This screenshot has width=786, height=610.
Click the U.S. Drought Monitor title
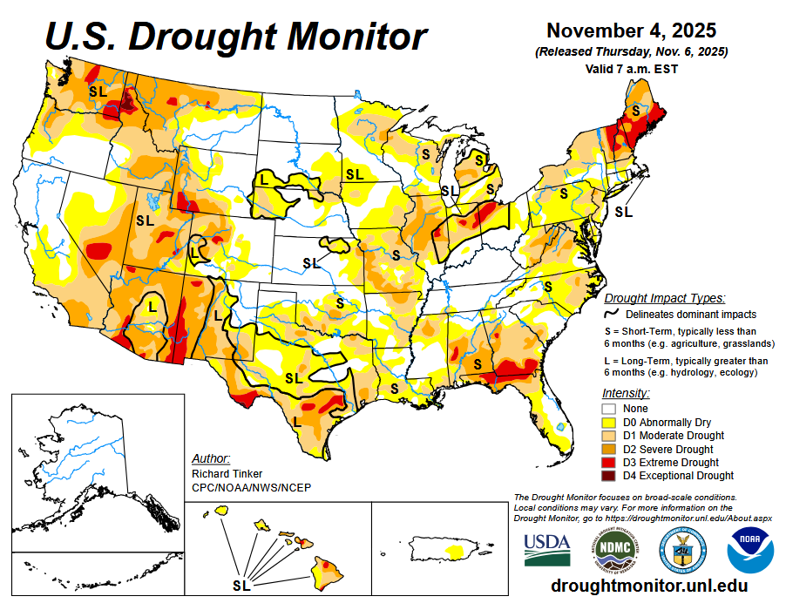235,37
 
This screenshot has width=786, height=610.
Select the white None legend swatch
610,408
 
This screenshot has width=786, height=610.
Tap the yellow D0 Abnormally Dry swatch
610,422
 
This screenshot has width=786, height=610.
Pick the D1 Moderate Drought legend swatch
610,435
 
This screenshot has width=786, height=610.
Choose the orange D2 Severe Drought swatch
610,449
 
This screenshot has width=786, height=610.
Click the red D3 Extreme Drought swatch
610,462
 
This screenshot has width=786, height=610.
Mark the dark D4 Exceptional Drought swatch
610,476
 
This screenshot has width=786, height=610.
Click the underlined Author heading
210,458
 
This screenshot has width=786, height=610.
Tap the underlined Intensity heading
626,393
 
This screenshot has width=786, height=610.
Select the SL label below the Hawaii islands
241,585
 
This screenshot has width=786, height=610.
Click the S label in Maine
636,111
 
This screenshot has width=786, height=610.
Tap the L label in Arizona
152,307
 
